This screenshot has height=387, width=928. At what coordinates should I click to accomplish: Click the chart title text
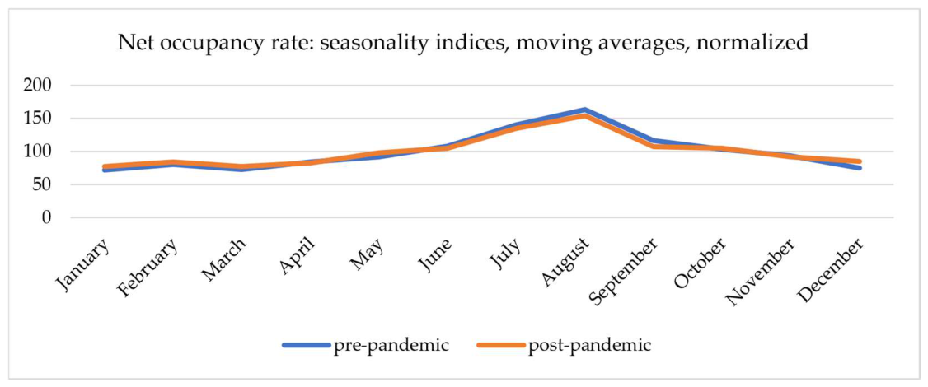464,44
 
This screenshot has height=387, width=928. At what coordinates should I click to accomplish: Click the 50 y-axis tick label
45,184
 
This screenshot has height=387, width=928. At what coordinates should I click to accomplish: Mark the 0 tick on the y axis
49,217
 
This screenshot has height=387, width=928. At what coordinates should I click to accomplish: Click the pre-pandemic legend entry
364,344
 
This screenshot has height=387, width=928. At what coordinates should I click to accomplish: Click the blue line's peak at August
584,110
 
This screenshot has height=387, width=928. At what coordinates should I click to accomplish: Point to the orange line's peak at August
584,116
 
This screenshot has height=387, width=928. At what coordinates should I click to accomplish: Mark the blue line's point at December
859,168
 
